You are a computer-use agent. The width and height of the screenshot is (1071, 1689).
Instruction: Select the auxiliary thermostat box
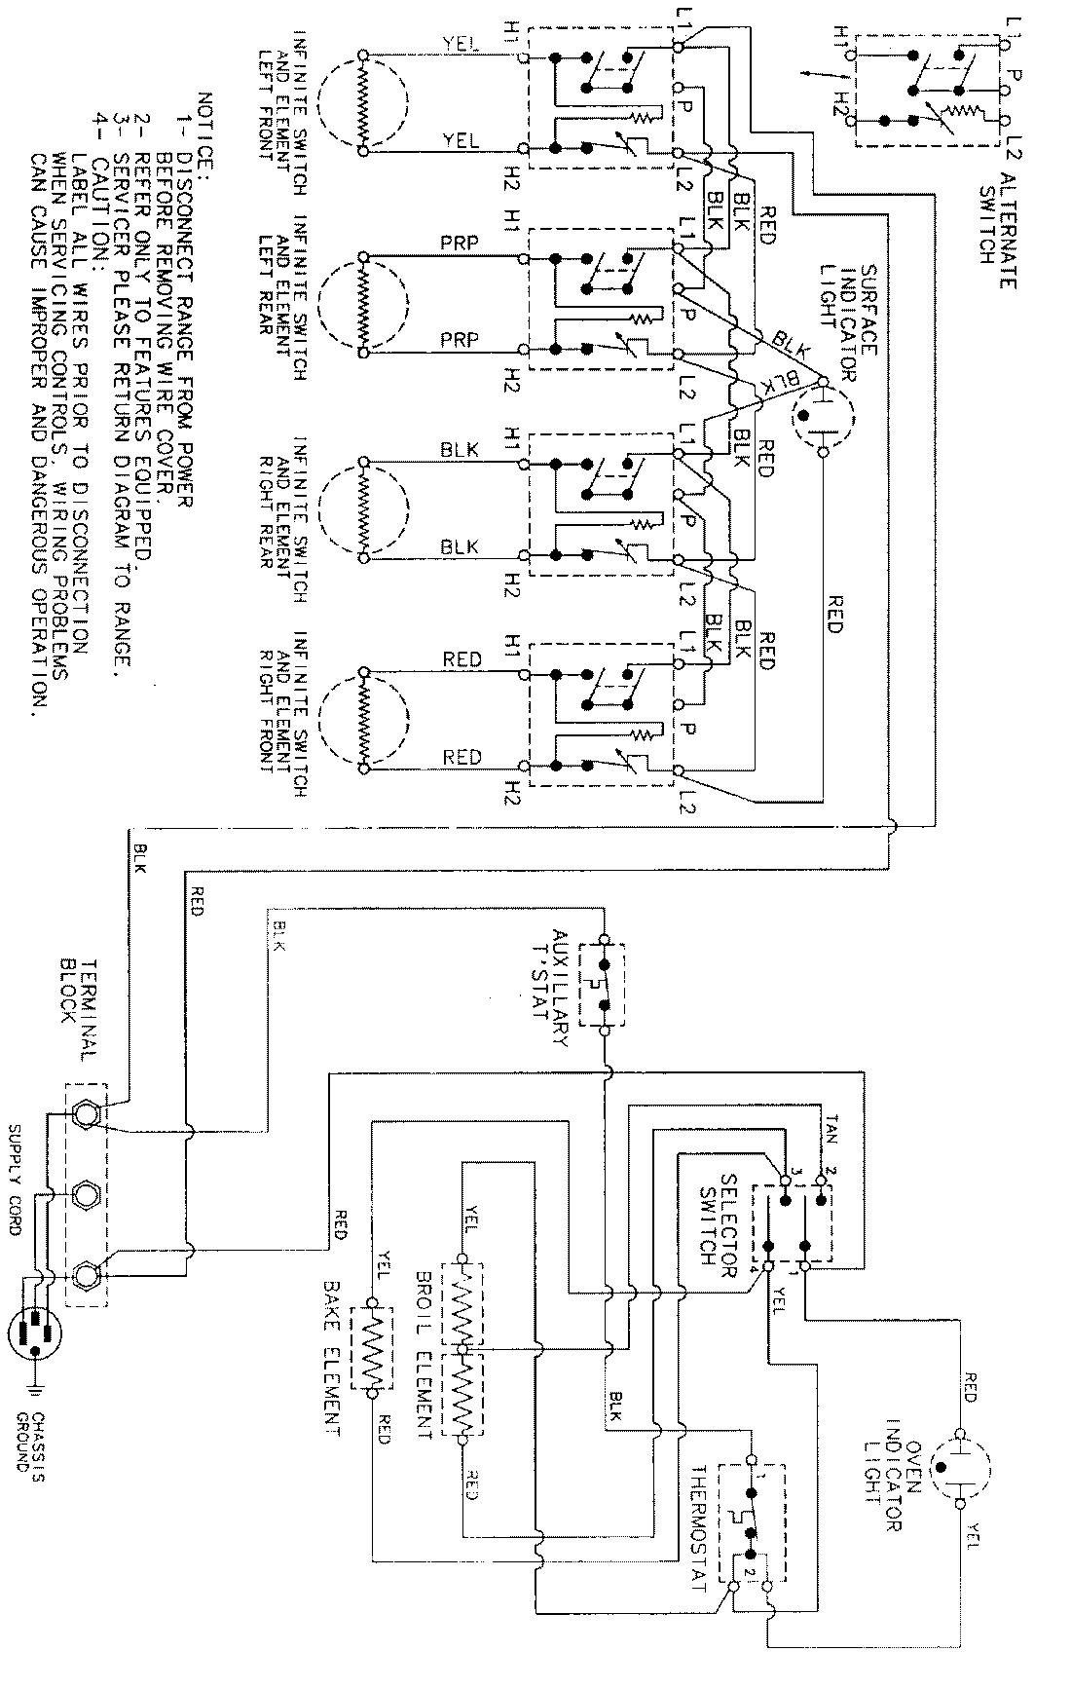[603, 983]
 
